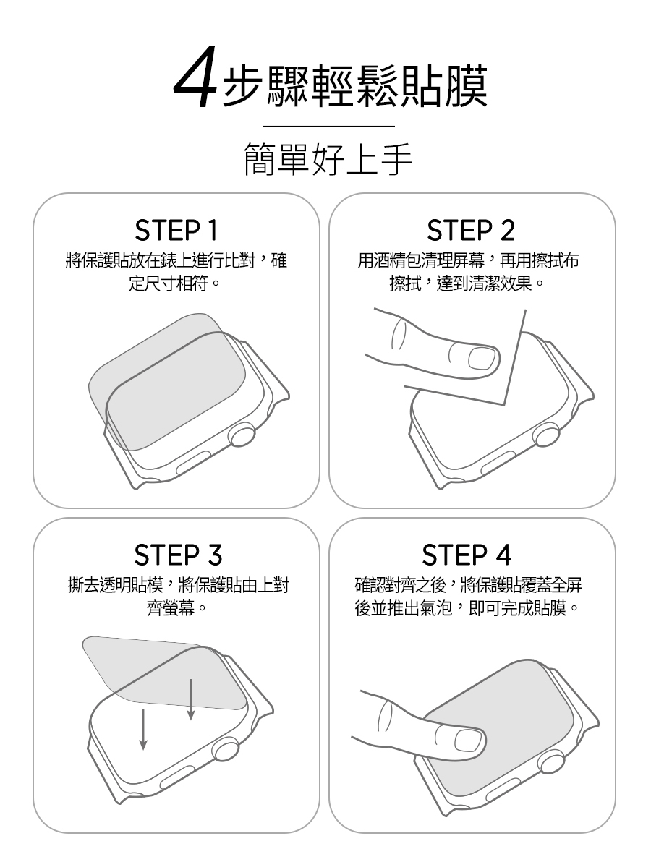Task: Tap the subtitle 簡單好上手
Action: (x=328, y=159)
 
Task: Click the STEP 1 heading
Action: (x=176, y=231)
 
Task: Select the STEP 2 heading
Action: (x=471, y=231)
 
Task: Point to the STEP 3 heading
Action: (x=178, y=555)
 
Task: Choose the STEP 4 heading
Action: (x=467, y=555)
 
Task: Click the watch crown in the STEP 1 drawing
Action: (x=242, y=435)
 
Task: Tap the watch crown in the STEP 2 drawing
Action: (x=547, y=435)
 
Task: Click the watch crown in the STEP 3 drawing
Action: (x=226, y=748)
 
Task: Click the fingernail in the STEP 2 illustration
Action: (x=482, y=359)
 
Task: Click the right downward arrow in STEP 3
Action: (x=191, y=699)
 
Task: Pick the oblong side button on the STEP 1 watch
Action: (x=193, y=463)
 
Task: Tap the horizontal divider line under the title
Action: (x=329, y=127)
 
